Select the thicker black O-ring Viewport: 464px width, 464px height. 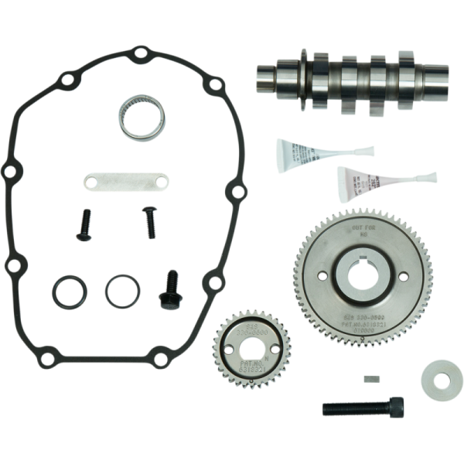point(70,292)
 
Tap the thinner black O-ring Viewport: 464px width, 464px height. point(121,291)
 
